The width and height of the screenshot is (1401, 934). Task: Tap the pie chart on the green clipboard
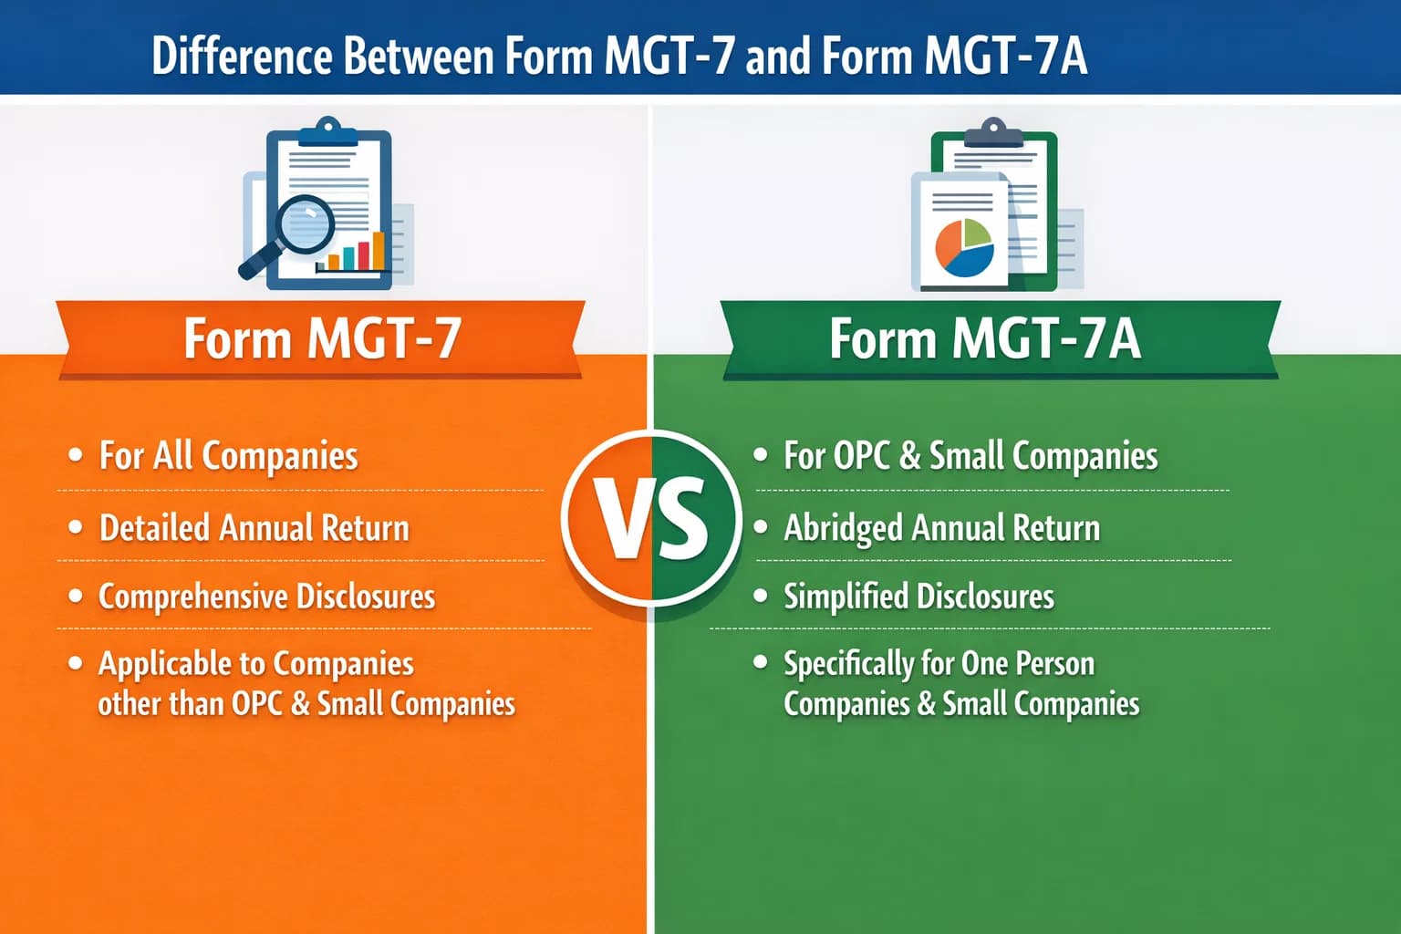click(963, 246)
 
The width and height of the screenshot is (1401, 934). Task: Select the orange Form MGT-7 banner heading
click(321, 339)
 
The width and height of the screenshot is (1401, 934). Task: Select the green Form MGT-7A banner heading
click(985, 339)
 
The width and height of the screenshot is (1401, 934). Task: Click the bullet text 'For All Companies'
click(228, 455)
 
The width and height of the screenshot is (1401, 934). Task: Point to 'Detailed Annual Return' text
click(254, 528)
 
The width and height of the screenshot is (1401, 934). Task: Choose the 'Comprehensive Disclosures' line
click(266, 597)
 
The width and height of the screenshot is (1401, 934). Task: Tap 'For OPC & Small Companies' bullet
click(970, 455)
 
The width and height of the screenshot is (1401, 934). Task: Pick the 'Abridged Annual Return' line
click(941, 528)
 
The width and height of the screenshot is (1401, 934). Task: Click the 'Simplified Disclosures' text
click(918, 597)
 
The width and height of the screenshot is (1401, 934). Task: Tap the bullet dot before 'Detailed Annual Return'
click(76, 527)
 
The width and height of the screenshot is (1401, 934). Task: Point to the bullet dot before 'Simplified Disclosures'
click(761, 596)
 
